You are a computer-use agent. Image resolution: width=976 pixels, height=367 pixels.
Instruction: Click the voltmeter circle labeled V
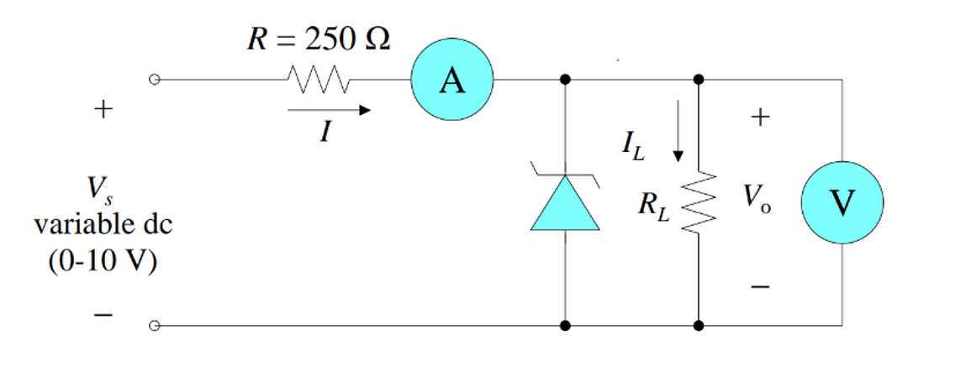pyautogui.click(x=841, y=201)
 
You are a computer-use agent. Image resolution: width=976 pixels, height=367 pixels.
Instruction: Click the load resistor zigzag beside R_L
pyautogui.click(x=699, y=201)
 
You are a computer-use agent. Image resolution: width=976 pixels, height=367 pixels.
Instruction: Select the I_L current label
pyautogui.click(x=633, y=146)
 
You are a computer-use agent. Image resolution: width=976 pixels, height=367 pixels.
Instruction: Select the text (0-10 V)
pyautogui.click(x=103, y=260)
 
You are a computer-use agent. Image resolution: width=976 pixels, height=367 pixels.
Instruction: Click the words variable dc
pyautogui.click(x=103, y=227)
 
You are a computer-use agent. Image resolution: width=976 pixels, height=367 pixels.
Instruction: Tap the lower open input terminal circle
pyautogui.click(x=153, y=324)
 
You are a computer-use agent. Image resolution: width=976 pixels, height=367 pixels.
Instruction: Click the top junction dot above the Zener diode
pyautogui.click(x=565, y=80)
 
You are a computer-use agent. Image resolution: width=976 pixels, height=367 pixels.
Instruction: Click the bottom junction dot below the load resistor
pyautogui.click(x=699, y=324)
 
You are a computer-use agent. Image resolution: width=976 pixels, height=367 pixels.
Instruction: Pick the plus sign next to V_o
pyautogui.click(x=759, y=118)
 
